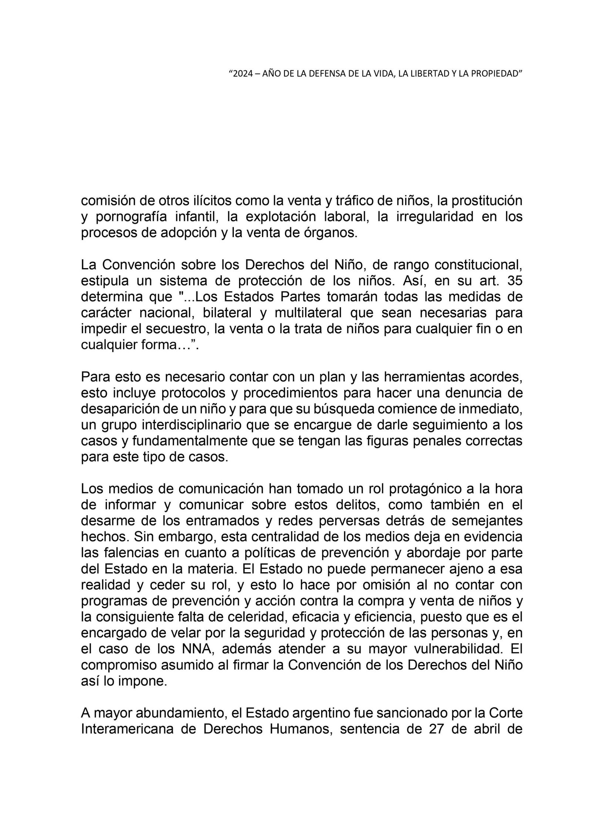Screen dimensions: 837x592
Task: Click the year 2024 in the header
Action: click(x=242, y=74)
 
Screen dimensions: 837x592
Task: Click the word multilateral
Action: click(x=309, y=313)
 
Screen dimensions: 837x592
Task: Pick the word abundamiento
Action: click(x=159, y=714)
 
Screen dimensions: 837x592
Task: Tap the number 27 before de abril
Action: click(x=439, y=730)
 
